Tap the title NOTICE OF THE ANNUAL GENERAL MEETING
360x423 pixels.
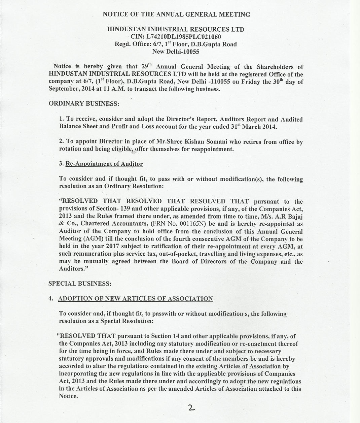coord(176,14)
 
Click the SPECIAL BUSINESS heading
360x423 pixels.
coord(80,284)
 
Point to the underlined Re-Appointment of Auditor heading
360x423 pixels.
coord(104,164)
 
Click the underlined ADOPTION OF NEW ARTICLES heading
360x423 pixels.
coord(135,299)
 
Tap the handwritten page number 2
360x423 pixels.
coord(191,408)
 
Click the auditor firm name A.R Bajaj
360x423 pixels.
coord(287,217)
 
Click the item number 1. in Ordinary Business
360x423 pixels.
coord(61,119)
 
